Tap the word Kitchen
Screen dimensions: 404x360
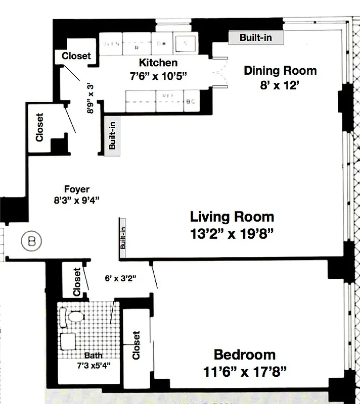158,63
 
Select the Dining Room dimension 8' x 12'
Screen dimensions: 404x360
280,85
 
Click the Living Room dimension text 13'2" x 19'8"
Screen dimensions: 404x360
232,235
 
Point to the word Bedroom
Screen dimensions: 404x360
244,355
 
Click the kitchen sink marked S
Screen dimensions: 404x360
185,43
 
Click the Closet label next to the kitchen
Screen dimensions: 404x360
76,56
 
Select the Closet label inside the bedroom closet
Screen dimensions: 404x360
136,345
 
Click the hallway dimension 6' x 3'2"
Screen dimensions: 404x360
120,278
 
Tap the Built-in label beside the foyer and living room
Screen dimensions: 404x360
122,238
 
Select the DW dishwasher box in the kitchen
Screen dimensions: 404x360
161,44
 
